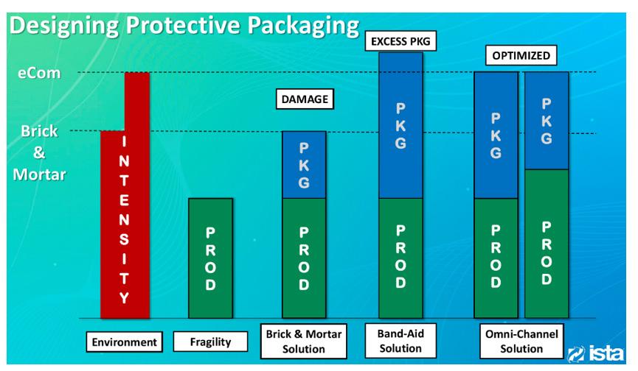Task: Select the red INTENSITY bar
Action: [x=125, y=221]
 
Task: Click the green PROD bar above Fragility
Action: [x=210, y=258]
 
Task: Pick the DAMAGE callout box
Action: [x=302, y=99]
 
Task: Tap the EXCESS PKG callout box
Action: [x=401, y=42]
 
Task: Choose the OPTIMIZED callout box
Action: [x=520, y=56]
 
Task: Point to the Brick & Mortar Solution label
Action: [x=304, y=341]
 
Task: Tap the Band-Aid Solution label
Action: [x=401, y=341]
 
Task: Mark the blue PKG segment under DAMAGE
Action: [x=304, y=165]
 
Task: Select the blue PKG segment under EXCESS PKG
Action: [x=401, y=125]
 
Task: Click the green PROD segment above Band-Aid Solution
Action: [x=401, y=258]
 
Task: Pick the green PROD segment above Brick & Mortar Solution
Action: [x=304, y=258]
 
